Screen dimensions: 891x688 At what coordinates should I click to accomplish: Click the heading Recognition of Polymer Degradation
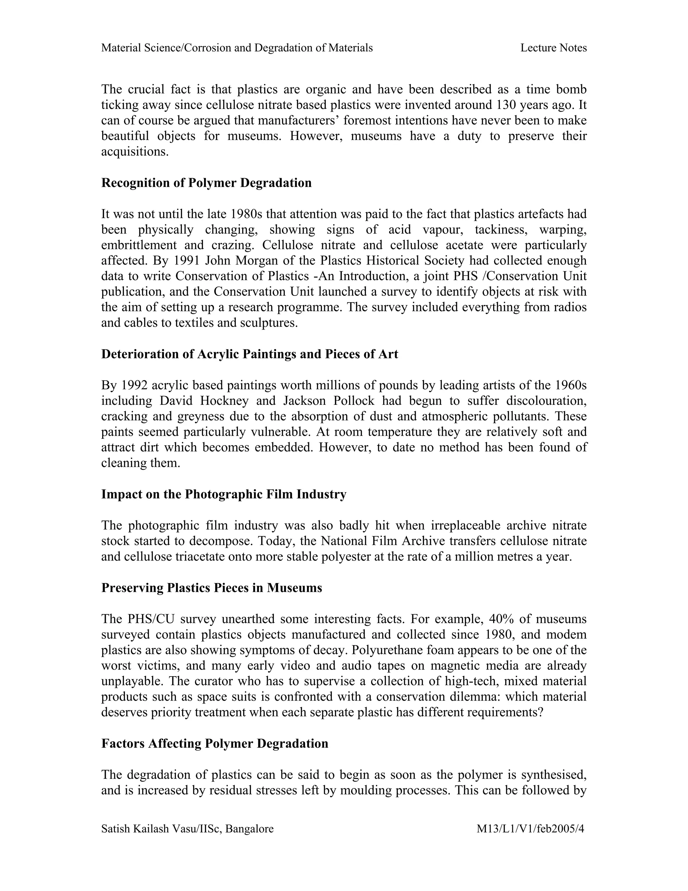click(206, 183)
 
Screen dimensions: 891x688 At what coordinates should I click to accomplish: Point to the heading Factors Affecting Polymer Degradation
click(215, 743)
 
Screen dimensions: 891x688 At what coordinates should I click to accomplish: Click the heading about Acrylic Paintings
click(250, 354)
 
